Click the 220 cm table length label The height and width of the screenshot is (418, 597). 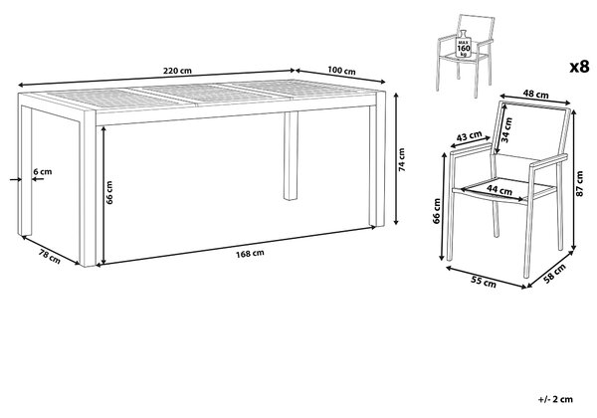click(177, 71)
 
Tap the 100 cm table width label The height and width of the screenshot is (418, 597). click(341, 71)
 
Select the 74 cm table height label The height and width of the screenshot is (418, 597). click(402, 160)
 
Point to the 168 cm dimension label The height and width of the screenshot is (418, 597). click(250, 254)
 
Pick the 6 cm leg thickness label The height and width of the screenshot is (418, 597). click(42, 172)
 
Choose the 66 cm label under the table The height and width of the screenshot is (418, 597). click(109, 192)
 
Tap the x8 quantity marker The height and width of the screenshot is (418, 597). click(579, 67)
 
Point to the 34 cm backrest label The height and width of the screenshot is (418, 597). click(506, 129)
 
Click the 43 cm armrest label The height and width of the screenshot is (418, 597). click(469, 136)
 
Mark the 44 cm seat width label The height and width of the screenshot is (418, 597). click(499, 189)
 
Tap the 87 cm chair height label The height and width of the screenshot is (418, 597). click(580, 184)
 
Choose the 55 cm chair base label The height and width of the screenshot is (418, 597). click(484, 282)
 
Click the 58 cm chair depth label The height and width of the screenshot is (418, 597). click(554, 274)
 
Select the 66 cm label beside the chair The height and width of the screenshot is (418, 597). click(437, 211)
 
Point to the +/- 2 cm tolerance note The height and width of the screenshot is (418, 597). click(556, 399)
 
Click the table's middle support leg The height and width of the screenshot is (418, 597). click(291, 156)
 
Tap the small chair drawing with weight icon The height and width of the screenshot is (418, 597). click(465, 56)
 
